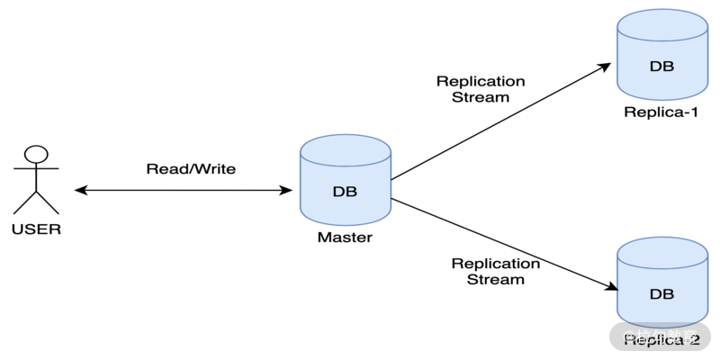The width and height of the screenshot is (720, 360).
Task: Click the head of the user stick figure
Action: [x=36, y=154]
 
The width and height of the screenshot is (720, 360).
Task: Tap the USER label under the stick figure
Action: [x=36, y=229]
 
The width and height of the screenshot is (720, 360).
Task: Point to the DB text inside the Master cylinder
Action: [x=346, y=192]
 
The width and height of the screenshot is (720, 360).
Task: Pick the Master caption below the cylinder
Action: [x=345, y=238]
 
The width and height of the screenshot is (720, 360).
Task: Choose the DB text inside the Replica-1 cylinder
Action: [x=661, y=67]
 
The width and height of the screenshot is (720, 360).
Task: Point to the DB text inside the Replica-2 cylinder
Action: [x=661, y=294]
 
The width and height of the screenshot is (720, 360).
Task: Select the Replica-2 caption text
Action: [x=661, y=339]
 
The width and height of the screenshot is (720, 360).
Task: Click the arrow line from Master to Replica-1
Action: [x=499, y=121]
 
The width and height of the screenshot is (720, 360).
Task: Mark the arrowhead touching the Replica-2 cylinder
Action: [x=611, y=288]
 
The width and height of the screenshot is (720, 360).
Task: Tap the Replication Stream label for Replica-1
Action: [x=481, y=88]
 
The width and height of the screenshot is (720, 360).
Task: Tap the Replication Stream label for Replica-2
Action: [x=496, y=271]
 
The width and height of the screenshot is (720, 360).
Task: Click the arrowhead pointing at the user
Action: [x=80, y=190]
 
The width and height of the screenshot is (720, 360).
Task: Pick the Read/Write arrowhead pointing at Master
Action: [x=287, y=190]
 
